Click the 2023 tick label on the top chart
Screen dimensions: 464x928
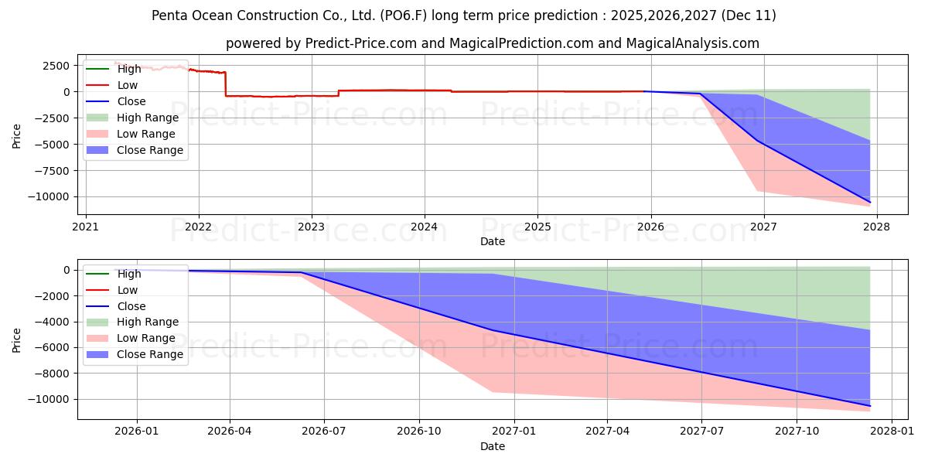[x=312, y=228]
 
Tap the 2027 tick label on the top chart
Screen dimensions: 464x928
[x=763, y=228]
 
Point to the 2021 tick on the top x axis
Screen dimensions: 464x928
[x=86, y=228]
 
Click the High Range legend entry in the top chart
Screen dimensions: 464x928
[x=147, y=118]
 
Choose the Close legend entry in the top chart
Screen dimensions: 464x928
[x=131, y=101]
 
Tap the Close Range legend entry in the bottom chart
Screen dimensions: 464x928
[x=149, y=354]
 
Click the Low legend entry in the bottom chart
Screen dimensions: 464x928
[x=127, y=290]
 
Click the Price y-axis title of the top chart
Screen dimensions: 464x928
[x=17, y=135]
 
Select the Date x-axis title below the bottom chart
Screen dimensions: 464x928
[x=492, y=446]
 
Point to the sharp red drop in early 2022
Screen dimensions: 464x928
[x=226, y=84]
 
